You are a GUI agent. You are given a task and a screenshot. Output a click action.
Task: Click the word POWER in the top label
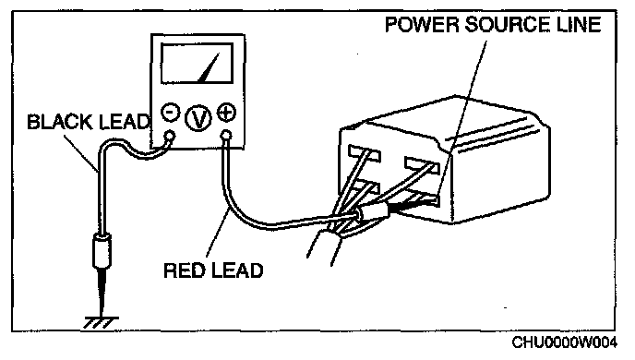(422, 24)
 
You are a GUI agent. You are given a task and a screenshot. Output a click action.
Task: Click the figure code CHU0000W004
(565, 342)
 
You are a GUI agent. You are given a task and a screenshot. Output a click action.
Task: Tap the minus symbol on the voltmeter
(171, 112)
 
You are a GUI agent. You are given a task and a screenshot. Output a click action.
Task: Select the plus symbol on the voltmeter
(226, 113)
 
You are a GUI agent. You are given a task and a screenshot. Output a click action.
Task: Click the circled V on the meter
(198, 118)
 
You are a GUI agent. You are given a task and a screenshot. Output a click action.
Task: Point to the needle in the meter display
(209, 67)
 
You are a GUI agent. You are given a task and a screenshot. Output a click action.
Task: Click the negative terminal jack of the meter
(170, 136)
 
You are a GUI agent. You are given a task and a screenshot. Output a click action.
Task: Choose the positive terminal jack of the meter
(227, 136)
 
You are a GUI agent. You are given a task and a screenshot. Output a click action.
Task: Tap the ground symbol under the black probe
(102, 322)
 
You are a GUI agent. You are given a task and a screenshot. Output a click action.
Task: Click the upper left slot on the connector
(364, 153)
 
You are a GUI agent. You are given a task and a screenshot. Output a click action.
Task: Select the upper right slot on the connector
(422, 165)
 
